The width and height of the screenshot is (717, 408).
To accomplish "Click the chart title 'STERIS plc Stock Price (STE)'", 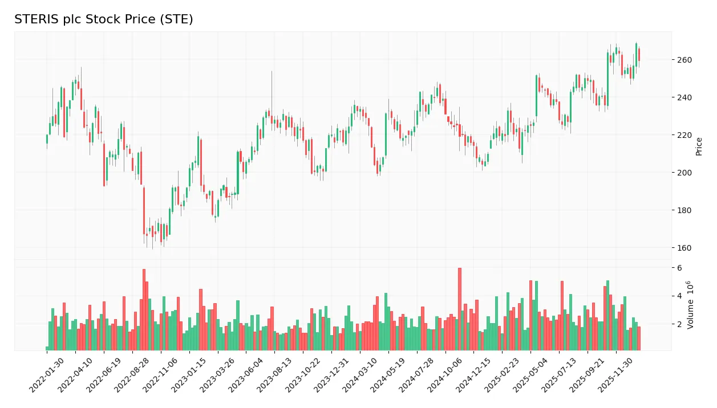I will (x=104, y=19).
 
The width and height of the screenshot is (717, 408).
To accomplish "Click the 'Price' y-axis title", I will (x=699, y=146).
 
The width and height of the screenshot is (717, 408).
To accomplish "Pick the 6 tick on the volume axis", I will (x=679, y=268).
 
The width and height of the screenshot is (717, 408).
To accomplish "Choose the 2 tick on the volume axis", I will (x=679, y=324).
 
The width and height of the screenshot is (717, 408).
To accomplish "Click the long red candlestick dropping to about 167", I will (x=144, y=210).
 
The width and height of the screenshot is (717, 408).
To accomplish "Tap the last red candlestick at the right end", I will (x=639, y=55).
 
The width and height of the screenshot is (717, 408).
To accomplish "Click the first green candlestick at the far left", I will (x=47, y=139).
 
